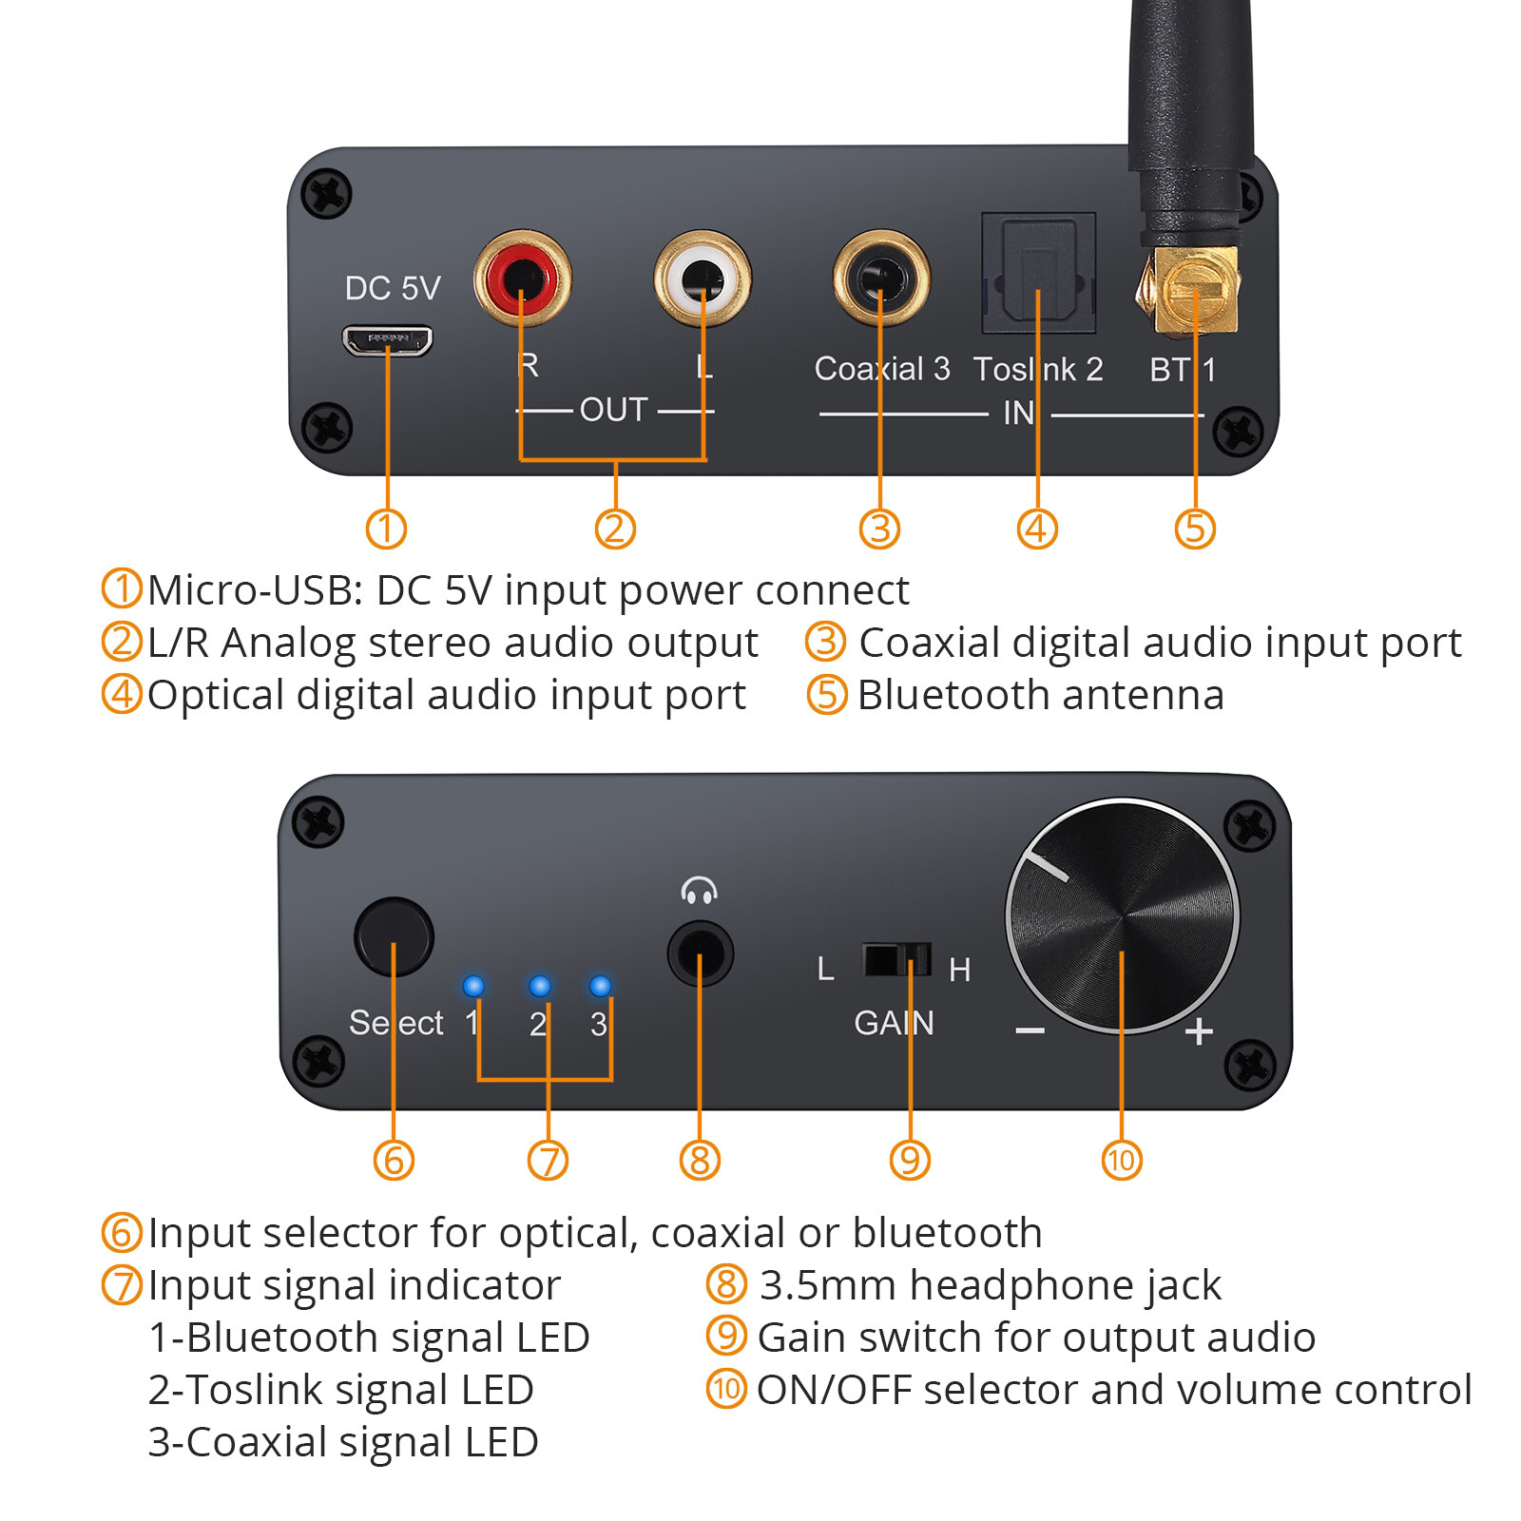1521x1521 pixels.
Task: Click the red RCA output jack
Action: coord(522,279)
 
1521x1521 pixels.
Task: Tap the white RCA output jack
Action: coord(702,279)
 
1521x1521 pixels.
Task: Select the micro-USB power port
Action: coord(388,340)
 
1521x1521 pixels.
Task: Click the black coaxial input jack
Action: coord(880,279)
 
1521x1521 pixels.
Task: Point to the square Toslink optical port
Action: coord(1038,273)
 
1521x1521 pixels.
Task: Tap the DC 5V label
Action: coord(393,288)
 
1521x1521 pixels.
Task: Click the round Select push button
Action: coord(394,936)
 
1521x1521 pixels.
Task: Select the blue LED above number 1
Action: coord(473,986)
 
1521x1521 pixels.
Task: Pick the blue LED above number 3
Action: coord(600,986)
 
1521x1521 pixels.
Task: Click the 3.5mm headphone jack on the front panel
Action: coord(700,953)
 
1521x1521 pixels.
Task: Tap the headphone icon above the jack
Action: coord(699,891)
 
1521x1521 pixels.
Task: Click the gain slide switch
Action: coord(896,959)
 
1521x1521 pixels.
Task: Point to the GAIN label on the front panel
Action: coord(894,1023)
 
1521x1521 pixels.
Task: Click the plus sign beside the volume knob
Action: coord(1200,1031)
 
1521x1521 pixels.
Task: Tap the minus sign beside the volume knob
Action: coord(1030,1031)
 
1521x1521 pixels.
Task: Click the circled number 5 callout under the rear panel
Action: coord(1195,529)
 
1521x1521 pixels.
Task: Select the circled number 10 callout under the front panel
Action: coord(1122,1160)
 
